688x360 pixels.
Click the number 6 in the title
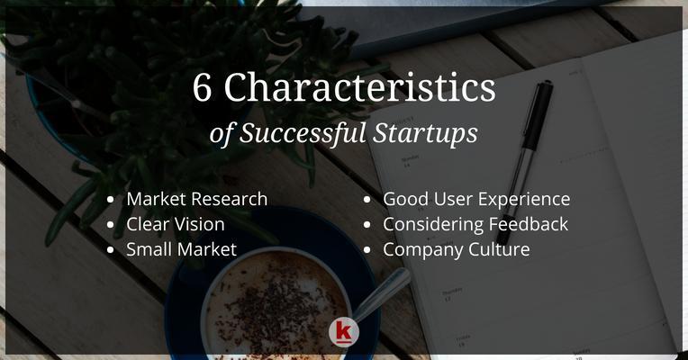pos(202,87)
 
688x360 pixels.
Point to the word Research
pos(231,199)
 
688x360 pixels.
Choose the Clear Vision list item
pos(176,224)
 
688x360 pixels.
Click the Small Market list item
pos(181,249)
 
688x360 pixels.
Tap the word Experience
pos(524,200)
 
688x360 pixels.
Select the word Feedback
pos(529,224)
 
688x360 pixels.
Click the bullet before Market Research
pos(110,200)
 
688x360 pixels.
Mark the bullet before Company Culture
pos(367,250)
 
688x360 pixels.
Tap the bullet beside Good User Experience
pos(367,200)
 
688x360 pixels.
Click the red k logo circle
pos(344,332)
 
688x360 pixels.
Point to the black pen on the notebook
pos(526,161)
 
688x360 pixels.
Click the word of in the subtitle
pos(222,134)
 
